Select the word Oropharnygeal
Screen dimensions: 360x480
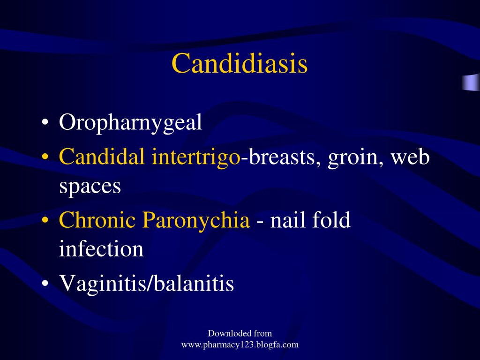(130, 123)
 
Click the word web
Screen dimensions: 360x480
(410, 157)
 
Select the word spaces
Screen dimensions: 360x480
(90, 187)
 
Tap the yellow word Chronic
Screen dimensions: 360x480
(98, 219)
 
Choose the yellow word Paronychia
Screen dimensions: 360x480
(196, 220)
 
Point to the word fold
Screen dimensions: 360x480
(332, 219)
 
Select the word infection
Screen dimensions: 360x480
(101, 249)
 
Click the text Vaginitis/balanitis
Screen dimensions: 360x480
(146, 283)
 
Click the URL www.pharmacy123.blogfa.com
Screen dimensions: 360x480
(240, 345)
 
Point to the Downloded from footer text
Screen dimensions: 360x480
(240, 334)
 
